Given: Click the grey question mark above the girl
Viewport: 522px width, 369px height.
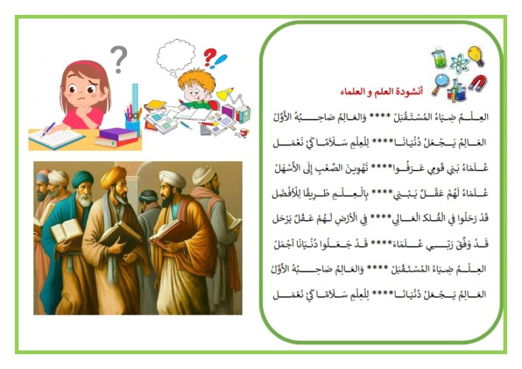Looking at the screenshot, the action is coord(119,59).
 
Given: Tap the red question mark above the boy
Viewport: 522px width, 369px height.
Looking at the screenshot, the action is coord(210,57).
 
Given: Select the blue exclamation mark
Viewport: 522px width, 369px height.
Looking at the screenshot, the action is coord(220,61).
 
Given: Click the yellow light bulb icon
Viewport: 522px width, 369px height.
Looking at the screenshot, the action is coord(476,56).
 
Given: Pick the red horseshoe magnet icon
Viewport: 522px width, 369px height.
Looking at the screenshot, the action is coord(478,83).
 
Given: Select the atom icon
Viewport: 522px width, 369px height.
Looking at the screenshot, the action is coord(459,63).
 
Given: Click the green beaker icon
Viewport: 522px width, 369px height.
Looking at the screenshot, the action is coord(440,59).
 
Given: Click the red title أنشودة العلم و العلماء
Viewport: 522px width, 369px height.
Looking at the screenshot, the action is coord(381,91).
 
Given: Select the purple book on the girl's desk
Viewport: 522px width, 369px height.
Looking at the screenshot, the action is coord(118,134).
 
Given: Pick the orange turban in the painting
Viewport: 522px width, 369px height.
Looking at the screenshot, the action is coord(114,177).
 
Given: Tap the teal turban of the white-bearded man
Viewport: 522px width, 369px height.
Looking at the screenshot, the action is coord(82,179).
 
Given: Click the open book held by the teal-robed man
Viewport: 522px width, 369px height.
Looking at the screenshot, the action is coord(67,230).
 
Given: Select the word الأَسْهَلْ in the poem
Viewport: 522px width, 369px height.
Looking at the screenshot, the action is coord(288,168).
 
